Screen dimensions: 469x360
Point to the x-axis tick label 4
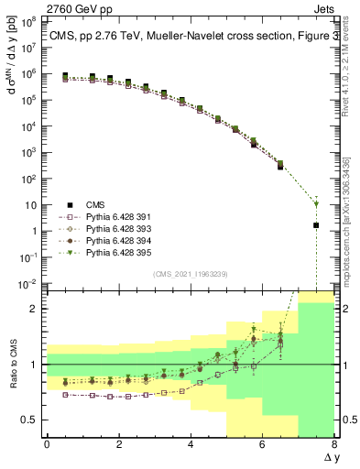191,444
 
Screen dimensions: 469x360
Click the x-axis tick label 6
262,444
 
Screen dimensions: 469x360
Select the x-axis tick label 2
119,444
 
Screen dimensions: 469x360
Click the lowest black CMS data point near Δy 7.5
316,225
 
